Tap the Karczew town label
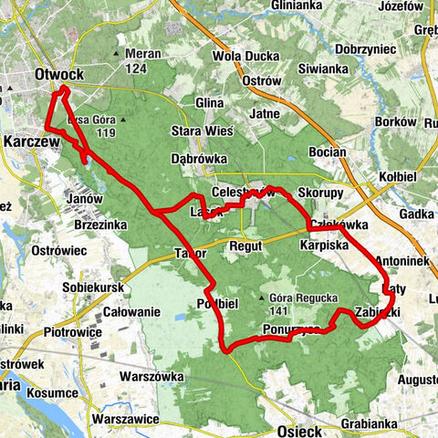coord(30,142)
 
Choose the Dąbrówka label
coord(198,157)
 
